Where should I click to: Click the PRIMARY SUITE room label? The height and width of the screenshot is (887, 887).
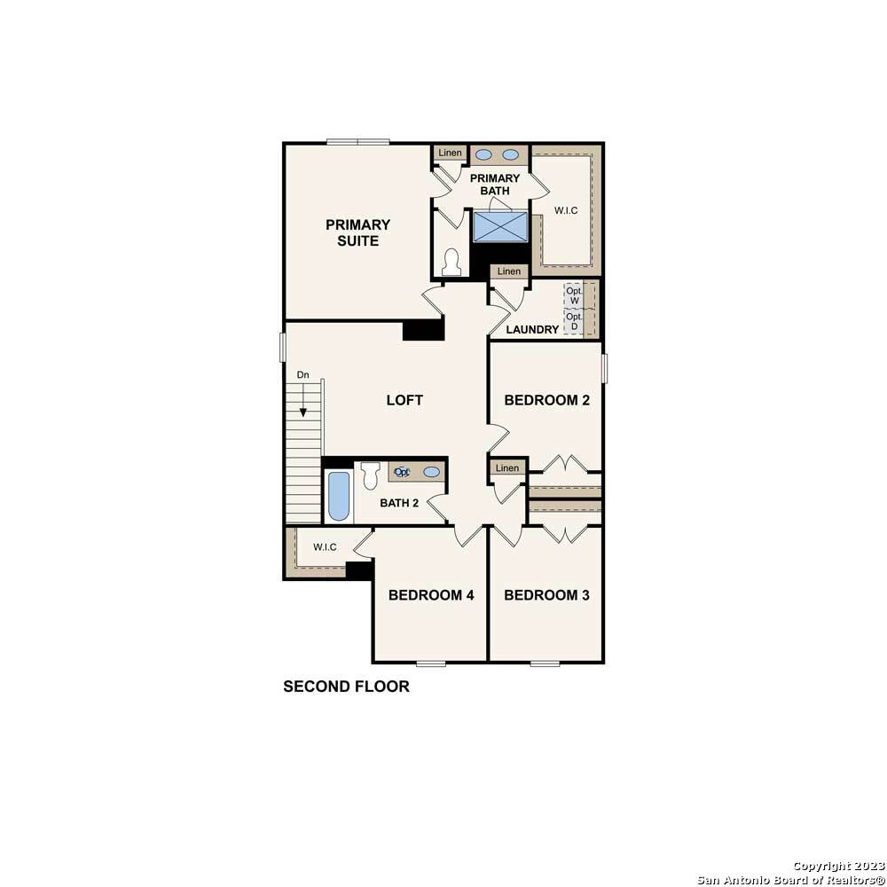[357, 232]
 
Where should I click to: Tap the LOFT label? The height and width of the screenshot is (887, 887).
[404, 400]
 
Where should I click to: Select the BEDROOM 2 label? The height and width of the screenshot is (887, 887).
[546, 400]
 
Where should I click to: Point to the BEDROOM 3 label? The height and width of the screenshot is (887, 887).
[546, 594]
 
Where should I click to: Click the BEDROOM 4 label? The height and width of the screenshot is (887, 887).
[431, 594]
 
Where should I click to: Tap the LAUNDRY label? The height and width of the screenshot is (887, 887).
[532, 329]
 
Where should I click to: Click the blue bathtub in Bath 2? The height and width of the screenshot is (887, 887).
[339, 496]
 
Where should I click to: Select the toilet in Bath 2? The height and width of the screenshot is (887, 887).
[371, 475]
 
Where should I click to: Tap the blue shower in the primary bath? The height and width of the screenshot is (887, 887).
[500, 226]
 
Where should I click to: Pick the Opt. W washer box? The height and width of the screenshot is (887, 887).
[574, 295]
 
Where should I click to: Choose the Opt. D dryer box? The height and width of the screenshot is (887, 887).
[574, 321]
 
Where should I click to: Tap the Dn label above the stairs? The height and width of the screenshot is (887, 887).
[303, 374]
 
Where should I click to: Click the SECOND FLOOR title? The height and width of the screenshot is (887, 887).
[346, 687]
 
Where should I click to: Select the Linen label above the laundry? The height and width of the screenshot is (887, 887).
[508, 271]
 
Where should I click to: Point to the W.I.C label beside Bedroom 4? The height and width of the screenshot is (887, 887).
[325, 547]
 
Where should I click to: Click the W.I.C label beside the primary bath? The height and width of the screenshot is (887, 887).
[566, 210]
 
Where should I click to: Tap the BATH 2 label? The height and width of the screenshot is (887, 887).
[399, 503]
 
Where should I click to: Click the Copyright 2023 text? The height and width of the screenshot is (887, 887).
[838, 866]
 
